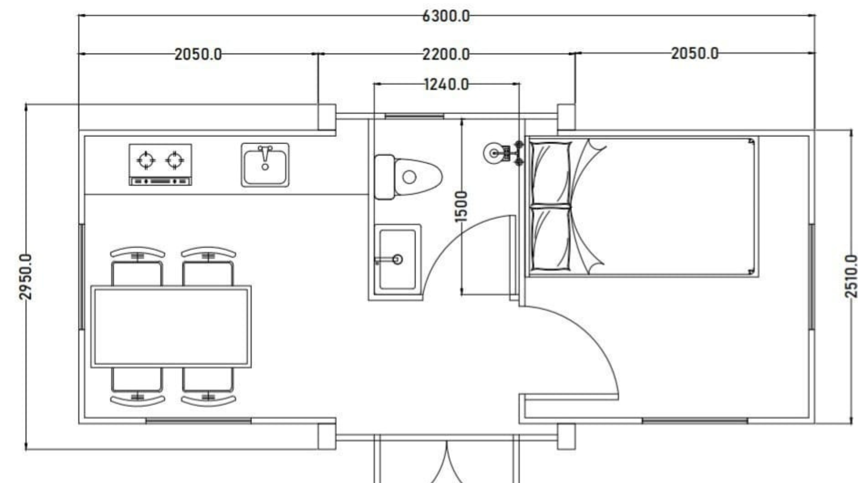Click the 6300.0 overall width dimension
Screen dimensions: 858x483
[x=446, y=16]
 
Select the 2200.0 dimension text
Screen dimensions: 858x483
[x=446, y=55]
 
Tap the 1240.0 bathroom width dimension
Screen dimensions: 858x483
[x=446, y=84]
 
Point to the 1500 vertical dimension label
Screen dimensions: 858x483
[x=461, y=206]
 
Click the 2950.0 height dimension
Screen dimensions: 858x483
[x=25, y=276]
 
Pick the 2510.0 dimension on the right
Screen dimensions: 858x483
[x=851, y=276]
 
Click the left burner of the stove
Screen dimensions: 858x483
[x=146, y=160]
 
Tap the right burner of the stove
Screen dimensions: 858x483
[x=175, y=160]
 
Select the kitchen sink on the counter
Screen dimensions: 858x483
[x=265, y=165]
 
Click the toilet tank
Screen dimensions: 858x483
[x=384, y=177]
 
